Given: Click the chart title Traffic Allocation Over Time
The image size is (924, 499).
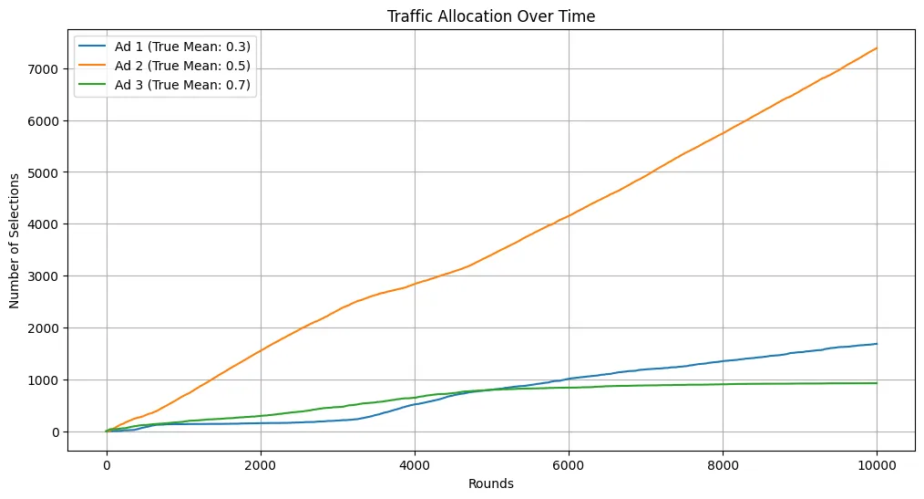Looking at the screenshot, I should [491, 16].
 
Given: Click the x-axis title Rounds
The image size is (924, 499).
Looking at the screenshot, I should [491, 483].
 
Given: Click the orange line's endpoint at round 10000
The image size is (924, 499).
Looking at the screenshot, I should [877, 48].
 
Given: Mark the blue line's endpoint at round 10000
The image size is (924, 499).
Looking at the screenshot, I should [877, 344].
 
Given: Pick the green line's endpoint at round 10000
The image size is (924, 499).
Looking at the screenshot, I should [877, 383].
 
